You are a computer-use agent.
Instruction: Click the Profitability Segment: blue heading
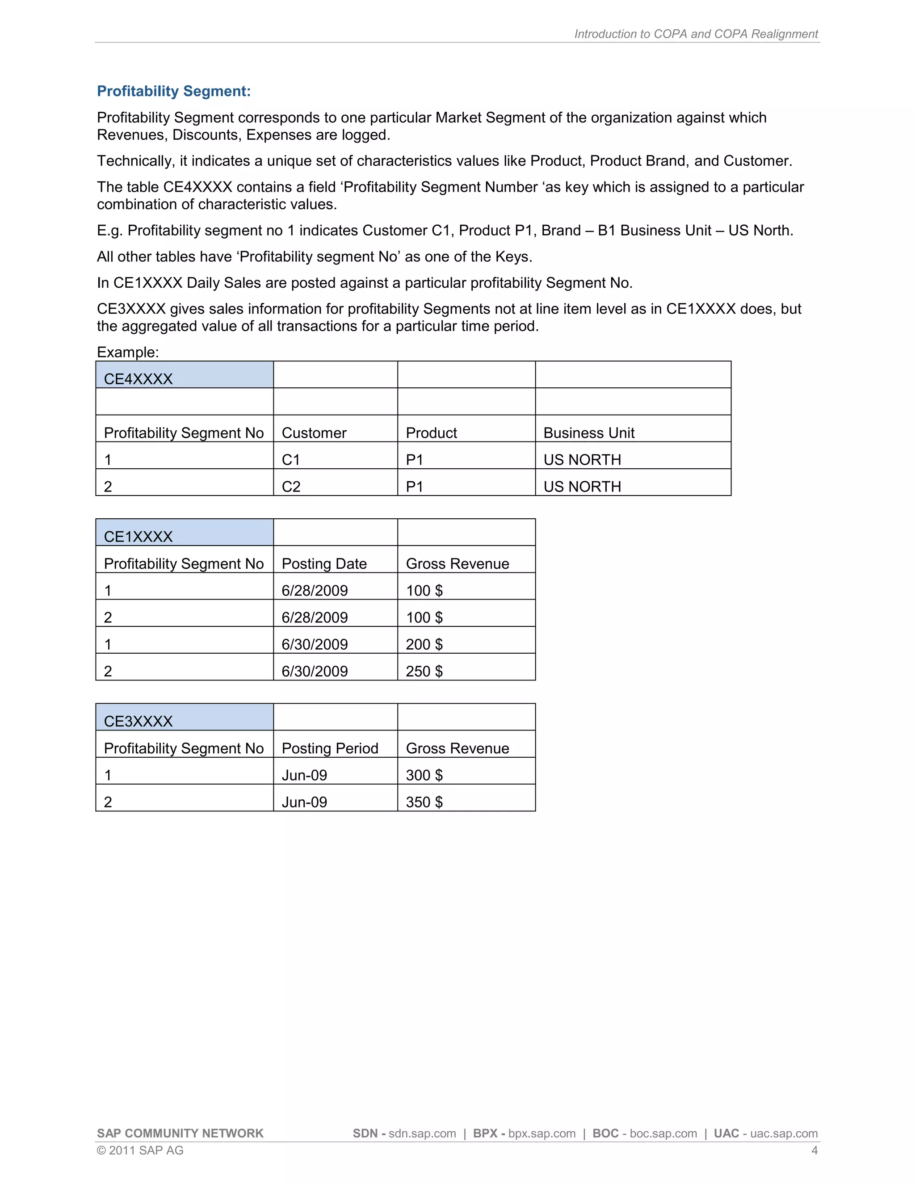173,91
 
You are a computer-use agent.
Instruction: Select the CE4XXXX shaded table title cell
185,375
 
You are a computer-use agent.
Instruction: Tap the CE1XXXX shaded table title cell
185,533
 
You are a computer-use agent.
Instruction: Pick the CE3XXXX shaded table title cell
185,717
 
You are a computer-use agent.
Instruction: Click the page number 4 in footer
814,1150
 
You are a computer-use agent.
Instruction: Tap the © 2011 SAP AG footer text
140,1150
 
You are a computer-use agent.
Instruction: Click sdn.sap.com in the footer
422,1134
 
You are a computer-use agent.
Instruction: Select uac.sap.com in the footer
784,1134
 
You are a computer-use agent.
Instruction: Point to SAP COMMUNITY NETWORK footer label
180,1134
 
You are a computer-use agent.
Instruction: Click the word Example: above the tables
128,353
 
